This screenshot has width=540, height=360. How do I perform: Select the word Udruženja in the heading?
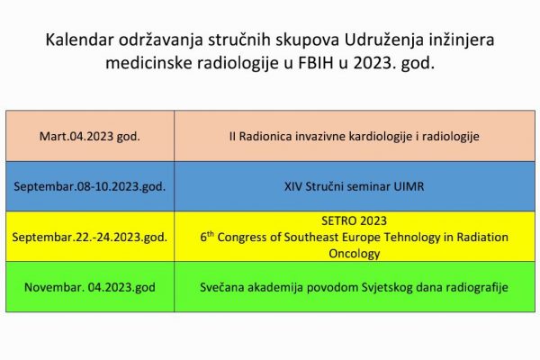[x=384, y=40]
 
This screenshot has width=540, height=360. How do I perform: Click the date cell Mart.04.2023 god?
[x=90, y=137]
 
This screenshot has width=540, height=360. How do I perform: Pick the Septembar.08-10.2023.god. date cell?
[x=90, y=186]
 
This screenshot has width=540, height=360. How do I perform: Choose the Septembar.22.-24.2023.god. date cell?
[x=90, y=238]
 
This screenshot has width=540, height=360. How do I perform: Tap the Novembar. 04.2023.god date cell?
[x=90, y=287]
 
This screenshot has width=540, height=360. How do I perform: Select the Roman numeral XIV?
[x=293, y=186]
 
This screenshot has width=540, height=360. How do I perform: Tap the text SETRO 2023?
[x=354, y=220]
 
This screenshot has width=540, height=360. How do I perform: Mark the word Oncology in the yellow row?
[x=354, y=254]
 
